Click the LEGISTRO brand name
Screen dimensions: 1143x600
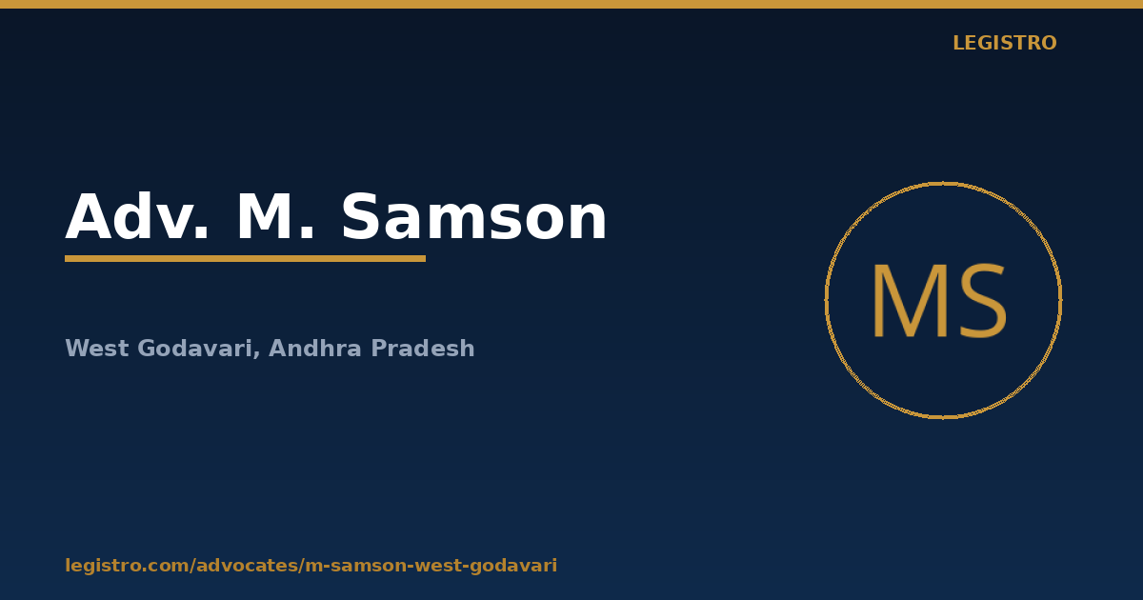pos(1005,44)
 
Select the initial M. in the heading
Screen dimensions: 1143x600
pos(275,217)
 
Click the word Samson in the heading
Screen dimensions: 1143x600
pos(474,217)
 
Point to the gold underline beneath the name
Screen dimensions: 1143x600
pos(246,259)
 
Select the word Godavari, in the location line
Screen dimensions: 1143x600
pos(199,349)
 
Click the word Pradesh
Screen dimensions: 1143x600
pos(423,348)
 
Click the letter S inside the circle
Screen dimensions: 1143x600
pos(983,301)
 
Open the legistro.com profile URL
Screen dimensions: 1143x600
pos(311,566)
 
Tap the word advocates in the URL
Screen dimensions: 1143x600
pos(248,566)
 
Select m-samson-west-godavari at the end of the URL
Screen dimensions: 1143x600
pos(431,566)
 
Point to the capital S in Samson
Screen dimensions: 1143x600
pos(360,217)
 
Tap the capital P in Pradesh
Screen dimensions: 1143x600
pos(379,348)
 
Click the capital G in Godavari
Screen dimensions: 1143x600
pos(147,348)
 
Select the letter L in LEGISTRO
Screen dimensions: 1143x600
pos(958,44)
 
